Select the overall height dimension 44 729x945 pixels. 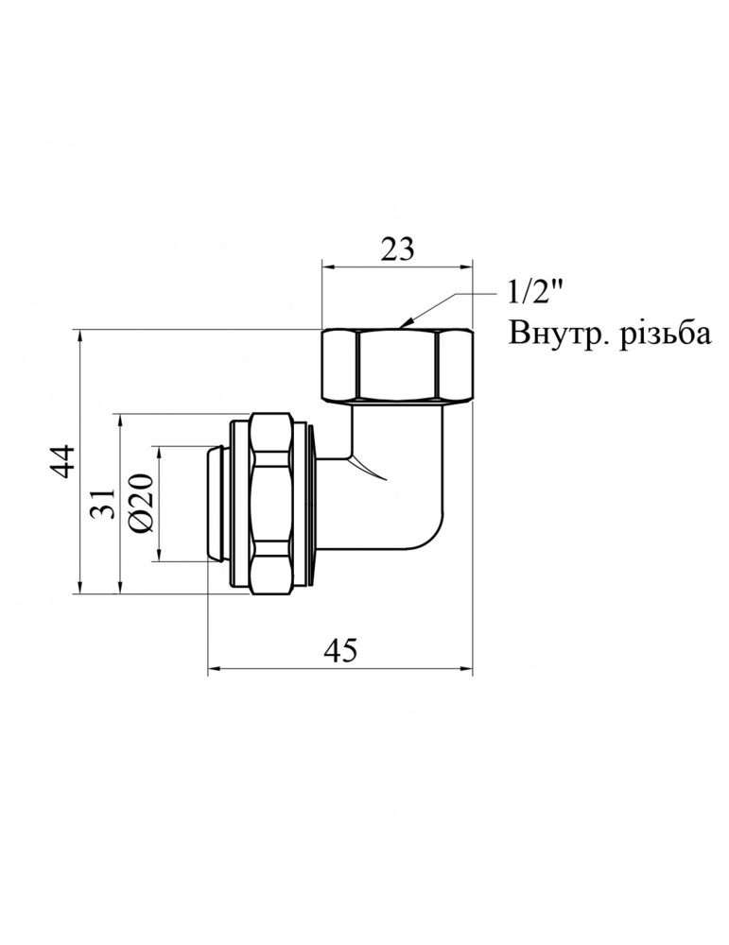click(63, 462)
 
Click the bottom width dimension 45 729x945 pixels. click(340, 651)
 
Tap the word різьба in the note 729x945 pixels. click(668, 335)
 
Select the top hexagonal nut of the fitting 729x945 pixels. click(397, 365)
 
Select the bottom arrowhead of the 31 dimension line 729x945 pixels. click(120, 592)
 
